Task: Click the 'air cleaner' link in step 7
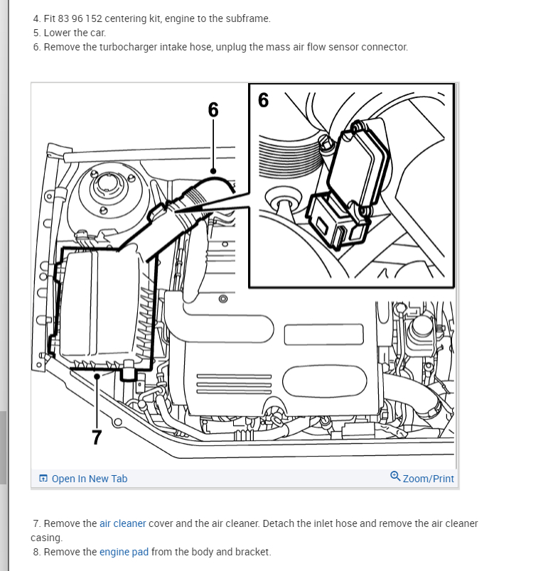tap(122, 523)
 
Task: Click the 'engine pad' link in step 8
tap(124, 552)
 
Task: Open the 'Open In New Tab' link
tap(89, 479)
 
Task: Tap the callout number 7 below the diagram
tap(97, 437)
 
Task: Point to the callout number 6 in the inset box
tap(264, 100)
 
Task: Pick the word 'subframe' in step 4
tap(249, 18)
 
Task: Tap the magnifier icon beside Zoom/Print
tap(395, 477)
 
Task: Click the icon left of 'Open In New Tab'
tap(43, 479)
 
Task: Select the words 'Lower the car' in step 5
tap(75, 33)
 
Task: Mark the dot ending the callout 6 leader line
tap(213, 170)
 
